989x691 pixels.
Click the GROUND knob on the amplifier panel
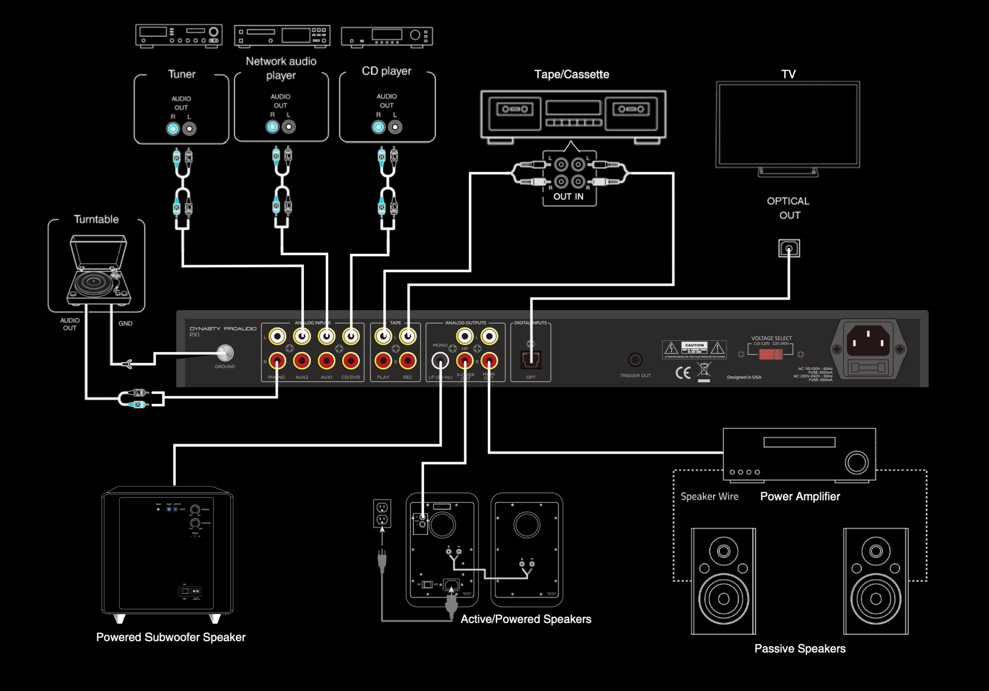[x=225, y=353]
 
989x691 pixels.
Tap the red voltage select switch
[x=770, y=354]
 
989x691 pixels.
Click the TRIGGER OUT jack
[x=635, y=359]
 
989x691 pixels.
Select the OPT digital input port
[x=531, y=359]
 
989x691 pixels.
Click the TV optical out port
[x=789, y=248]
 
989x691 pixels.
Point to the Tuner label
[x=181, y=74]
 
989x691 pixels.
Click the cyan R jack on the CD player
[x=378, y=127]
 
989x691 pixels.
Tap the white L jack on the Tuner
[x=189, y=128]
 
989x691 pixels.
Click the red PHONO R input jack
[x=277, y=361]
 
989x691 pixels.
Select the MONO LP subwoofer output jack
[x=440, y=361]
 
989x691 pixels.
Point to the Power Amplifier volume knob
[x=857, y=463]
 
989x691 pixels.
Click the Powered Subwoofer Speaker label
[x=170, y=637]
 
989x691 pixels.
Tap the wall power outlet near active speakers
[x=382, y=513]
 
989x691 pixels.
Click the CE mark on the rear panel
[x=683, y=372]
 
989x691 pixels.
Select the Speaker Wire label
[x=709, y=496]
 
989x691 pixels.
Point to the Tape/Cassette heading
[x=572, y=74]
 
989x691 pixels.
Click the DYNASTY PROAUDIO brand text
[x=223, y=328]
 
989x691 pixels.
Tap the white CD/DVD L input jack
[x=351, y=336]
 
